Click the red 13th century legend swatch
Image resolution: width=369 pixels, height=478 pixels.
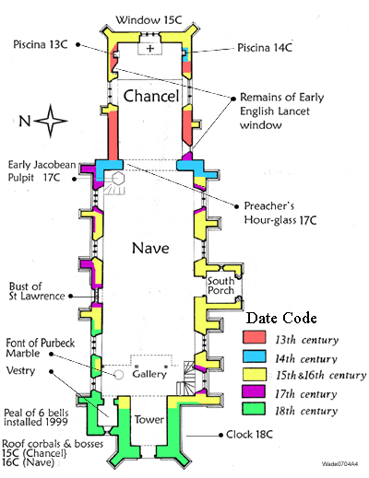pos(255,337)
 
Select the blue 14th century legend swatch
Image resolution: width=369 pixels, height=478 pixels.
pos(255,356)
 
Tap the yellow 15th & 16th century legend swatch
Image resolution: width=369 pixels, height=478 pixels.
pos(255,374)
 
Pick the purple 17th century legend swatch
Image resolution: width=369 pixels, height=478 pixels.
pos(254,391)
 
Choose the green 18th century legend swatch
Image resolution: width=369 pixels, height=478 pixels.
pos(254,409)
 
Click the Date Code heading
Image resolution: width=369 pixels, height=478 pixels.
pos(281,318)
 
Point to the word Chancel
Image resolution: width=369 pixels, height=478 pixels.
pos(151,96)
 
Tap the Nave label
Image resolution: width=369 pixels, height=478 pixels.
pos(150,248)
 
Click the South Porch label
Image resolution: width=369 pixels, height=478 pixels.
pos(220,286)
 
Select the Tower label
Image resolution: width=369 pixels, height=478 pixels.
pos(149,419)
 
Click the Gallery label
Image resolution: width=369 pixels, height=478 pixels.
pos(149,374)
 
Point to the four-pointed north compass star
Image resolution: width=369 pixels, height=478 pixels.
pos(51,121)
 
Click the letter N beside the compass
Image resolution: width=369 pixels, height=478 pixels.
pos(25,121)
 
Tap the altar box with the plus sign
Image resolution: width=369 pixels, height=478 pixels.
pos(150,49)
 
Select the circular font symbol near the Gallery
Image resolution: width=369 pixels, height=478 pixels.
pos(119,375)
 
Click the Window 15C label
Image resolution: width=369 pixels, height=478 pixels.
pos(149,20)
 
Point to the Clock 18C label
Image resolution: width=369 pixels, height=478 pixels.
pos(249,435)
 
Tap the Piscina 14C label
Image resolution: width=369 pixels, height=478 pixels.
pos(265,48)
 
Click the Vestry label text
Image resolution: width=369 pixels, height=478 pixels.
pos(20,370)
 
